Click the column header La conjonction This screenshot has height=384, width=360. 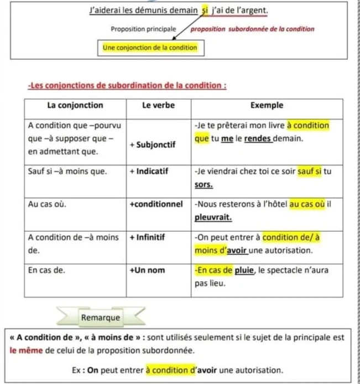click(x=75, y=105)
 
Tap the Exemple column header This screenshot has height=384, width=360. click(x=267, y=105)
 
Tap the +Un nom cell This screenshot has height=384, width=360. click(x=149, y=271)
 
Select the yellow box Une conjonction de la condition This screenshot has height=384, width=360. click(x=150, y=48)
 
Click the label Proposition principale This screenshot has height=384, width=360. click(x=143, y=29)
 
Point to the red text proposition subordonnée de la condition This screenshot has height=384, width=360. click(x=252, y=29)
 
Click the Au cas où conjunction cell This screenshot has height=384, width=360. click(x=48, y=204)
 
